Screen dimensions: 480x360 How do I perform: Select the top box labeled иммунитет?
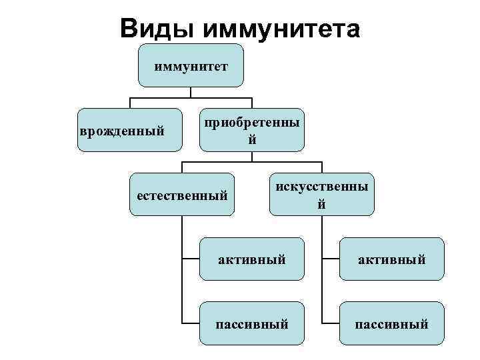tap(191, 66)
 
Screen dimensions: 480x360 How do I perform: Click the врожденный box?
tap(129, 130)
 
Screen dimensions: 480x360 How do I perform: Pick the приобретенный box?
tap(252, 130)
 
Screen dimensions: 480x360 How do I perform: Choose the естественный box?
tap(182, 195)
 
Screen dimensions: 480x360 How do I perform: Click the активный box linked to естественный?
tap(252, 259)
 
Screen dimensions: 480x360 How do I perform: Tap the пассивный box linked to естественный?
tap(252, 324)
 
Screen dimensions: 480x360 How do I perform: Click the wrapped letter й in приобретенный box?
tap(252, 140)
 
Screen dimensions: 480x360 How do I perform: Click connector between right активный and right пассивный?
tap(322, 291)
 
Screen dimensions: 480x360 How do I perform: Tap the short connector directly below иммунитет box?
tap(191, 93)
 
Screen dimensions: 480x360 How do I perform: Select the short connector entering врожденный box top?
tap(129, 103)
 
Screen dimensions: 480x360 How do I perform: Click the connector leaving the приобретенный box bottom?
tap(252, 157)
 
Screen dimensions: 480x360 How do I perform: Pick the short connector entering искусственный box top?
tap(321, 167)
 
